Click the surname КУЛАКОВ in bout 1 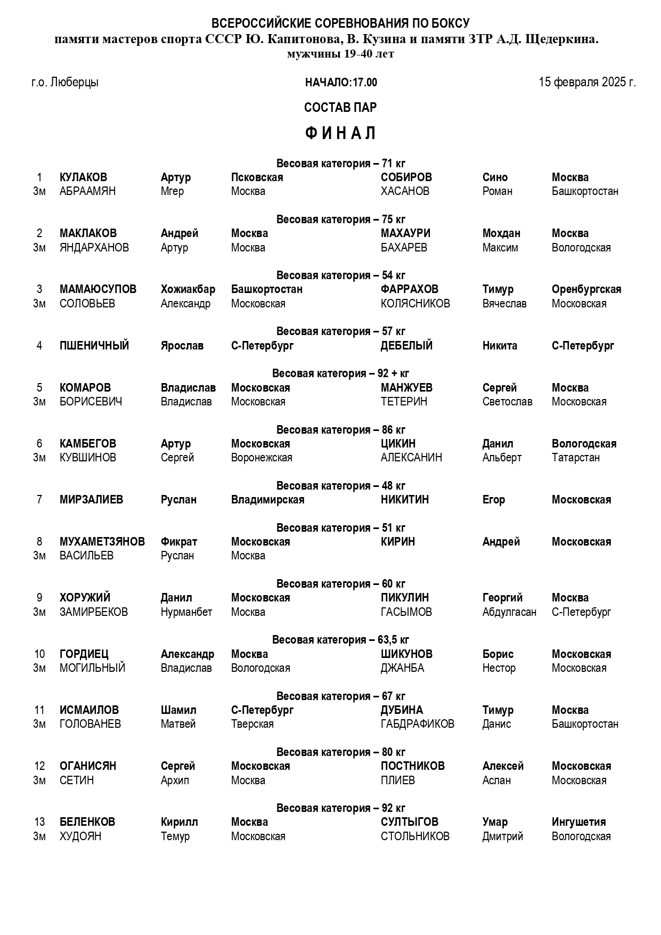(83, 177)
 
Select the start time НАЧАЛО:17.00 (341, 83)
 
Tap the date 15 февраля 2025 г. (587, 82)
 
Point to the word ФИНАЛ (341, 133)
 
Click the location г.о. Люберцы (65, 83)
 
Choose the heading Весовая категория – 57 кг (341, 331)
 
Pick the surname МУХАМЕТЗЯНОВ (102, 542)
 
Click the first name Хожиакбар (188, 289)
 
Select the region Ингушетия (578, 822)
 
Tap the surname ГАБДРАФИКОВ (418, 724)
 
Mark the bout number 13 (39, 822)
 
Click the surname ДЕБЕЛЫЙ (406, 346)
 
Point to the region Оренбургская (586, 289)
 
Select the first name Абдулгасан (509, 612)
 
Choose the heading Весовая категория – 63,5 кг (341, 640)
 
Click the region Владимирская (267, 500)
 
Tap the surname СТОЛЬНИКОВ (415, 836)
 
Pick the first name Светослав (507, 402)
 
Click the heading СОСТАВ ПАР (340, 108)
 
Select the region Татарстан (576, 458)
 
